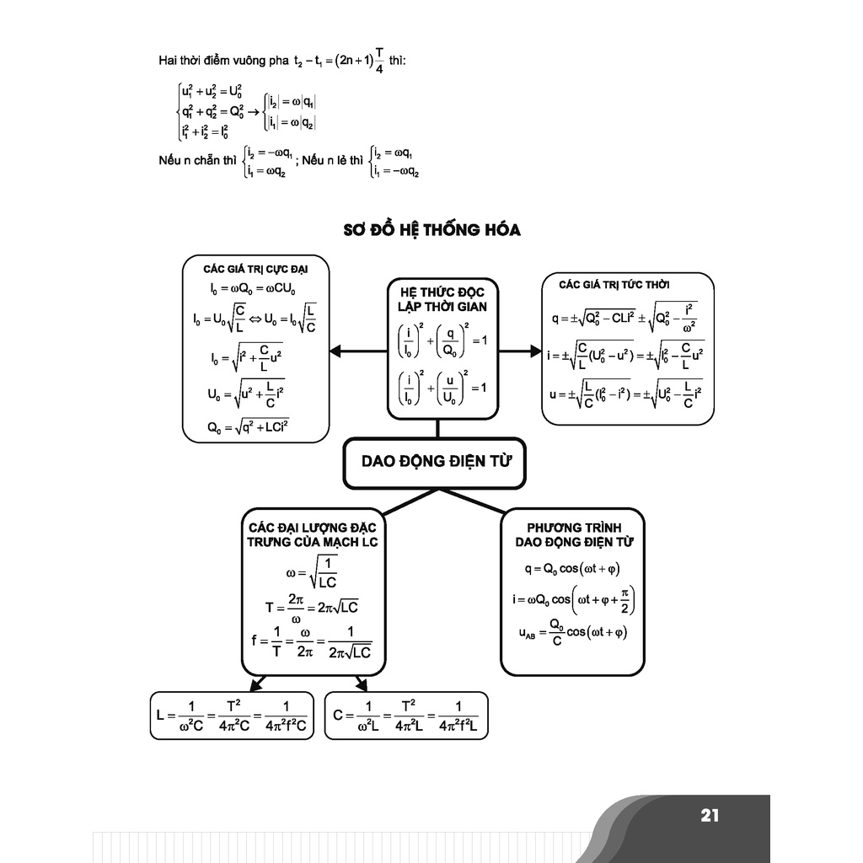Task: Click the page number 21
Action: tap(709, 815)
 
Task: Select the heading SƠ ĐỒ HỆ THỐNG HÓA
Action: tap(432, 229)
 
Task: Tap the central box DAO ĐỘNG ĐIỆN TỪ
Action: tap(437, 462)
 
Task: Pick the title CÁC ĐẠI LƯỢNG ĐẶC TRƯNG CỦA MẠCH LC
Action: tap(313, 533)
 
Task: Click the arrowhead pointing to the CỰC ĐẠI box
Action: tap(335, 351)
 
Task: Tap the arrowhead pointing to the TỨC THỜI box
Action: tap(534, 351)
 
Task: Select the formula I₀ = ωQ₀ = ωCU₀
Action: tap(252, 290)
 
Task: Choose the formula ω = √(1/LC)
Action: tap(313, 571)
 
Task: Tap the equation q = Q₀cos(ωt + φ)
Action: tap(571, 569)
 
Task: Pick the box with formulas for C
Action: tap(406, 716)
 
